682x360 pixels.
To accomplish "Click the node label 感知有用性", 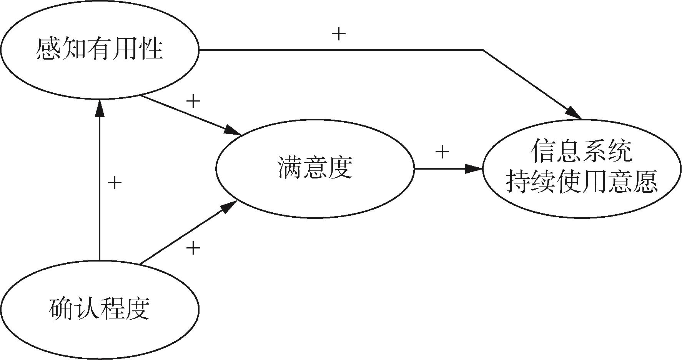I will [x=100, y=49].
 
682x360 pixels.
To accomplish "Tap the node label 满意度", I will [x=314, y=168].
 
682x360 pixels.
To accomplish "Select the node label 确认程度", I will [x=100, y=309].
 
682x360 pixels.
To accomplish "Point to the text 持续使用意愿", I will [x=581, y=181].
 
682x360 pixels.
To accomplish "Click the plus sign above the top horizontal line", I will [x=339, y=34].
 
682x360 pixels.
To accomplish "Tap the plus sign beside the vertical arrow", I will [x=115, y=182].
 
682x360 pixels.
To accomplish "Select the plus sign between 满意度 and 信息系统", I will [x=442, y=152].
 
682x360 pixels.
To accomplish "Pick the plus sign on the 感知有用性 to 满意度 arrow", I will [x=193, y=101].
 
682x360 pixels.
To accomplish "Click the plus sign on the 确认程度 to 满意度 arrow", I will [x=193, y=248].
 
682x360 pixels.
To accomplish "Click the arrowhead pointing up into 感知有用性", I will [x=100, y=108].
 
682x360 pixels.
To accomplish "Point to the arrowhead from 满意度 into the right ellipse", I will [x=474, y=168].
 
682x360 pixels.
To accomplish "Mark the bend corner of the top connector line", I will [x=483, y=50].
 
